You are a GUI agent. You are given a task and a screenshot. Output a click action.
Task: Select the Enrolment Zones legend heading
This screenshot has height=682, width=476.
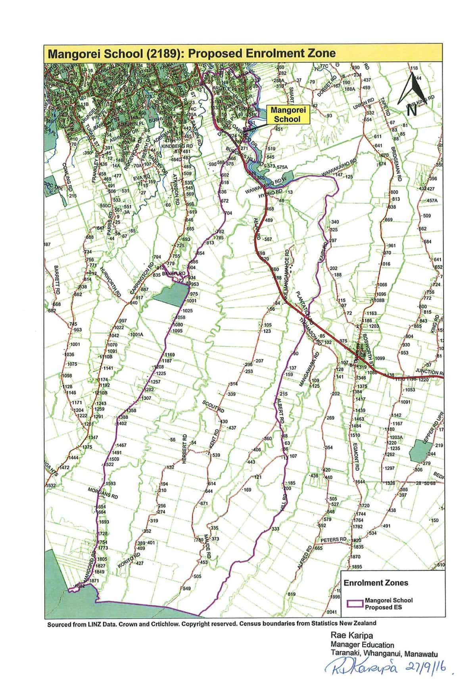376,583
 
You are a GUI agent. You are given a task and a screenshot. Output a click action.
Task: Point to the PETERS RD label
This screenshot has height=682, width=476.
334,540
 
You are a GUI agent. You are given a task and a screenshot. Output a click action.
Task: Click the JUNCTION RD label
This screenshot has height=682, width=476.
429,371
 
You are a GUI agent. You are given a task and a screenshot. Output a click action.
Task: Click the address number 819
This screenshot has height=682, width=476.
292,594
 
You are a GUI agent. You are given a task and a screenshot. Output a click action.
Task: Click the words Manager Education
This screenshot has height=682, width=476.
362,645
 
